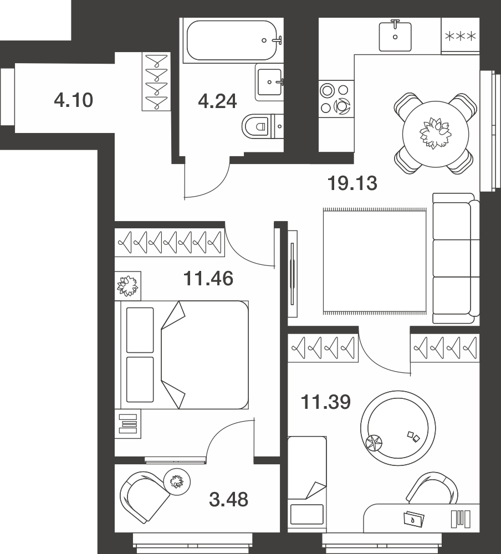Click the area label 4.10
click(x=74, y=100)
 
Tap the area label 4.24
click(x=217, y=101)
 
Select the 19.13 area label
click(x=352, y=183)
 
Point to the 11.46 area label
click(x=208, y=279)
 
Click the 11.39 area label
click(x=326, y=402)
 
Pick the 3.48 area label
click(x=229, y=500)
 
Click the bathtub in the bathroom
click(x=232, y=40)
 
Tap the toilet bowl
click(x=258, y=126)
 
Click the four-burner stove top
click(x=336, y=99)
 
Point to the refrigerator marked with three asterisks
click(x=461, y=36)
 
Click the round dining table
click(x=436, y=134)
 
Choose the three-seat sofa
click(x=456, y=258)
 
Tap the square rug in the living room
click(x=375, y=261)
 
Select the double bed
click(x=184, y=355)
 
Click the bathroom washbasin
click(x=269, y=83)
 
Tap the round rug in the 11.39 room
click(x=398, y=428)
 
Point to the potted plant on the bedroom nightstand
click(x=127, y=285)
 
